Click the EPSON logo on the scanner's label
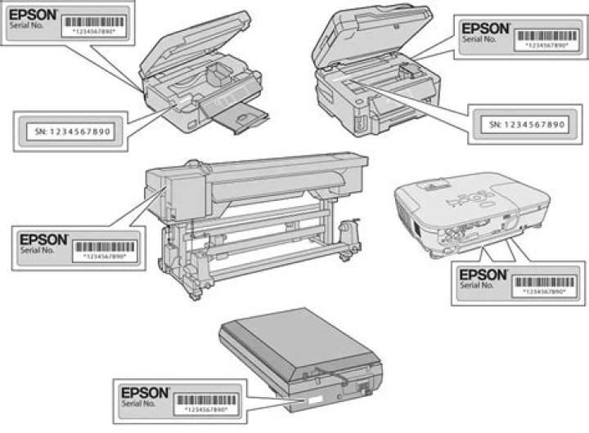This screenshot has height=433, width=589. click(x=144, y=391)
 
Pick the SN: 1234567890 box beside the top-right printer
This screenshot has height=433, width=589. click(x=520, y=124)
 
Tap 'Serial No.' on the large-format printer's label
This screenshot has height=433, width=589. click(x=38, y=253)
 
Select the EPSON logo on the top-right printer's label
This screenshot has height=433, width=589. click(x=485, y=27)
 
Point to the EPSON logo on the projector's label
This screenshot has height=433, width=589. click(x=484, y=275)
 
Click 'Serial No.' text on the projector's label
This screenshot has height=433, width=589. click(x=478, y=286)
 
